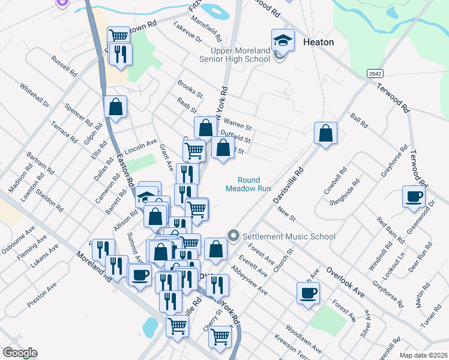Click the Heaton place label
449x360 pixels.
[318, 42]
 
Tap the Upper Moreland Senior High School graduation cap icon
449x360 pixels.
[283, 40]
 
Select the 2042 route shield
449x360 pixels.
[373, 73]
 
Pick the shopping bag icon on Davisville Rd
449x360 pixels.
[325, 133]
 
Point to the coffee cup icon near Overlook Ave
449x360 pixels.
[309, 293]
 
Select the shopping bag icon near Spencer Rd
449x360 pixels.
[115, 107]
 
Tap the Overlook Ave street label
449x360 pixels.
[346, 281]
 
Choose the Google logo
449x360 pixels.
[20, 353]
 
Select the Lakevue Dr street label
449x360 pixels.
[187, 32]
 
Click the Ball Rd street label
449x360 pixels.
[359, 121]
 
